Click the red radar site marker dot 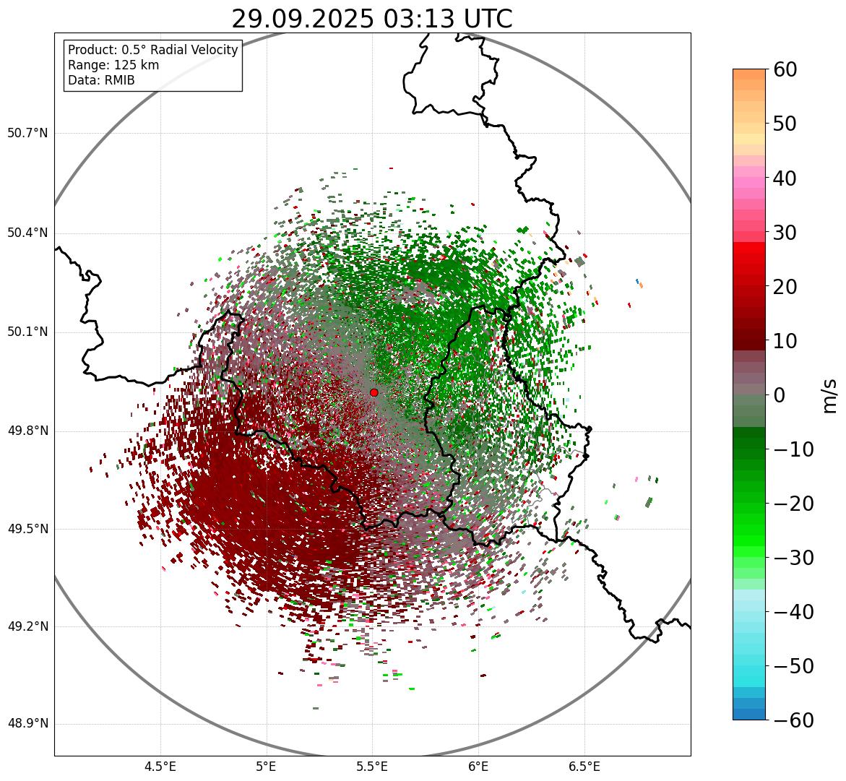(x=374, y=392)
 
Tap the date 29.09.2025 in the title (x=303, y=20)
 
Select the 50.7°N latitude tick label (x=27, y=134)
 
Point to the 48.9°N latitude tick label (x=27, y=725)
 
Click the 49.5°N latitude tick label (x=27, y=530)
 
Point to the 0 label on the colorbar (x=780, y=396)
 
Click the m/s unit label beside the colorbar (x=830, y=394)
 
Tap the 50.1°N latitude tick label (x=27, y=332)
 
